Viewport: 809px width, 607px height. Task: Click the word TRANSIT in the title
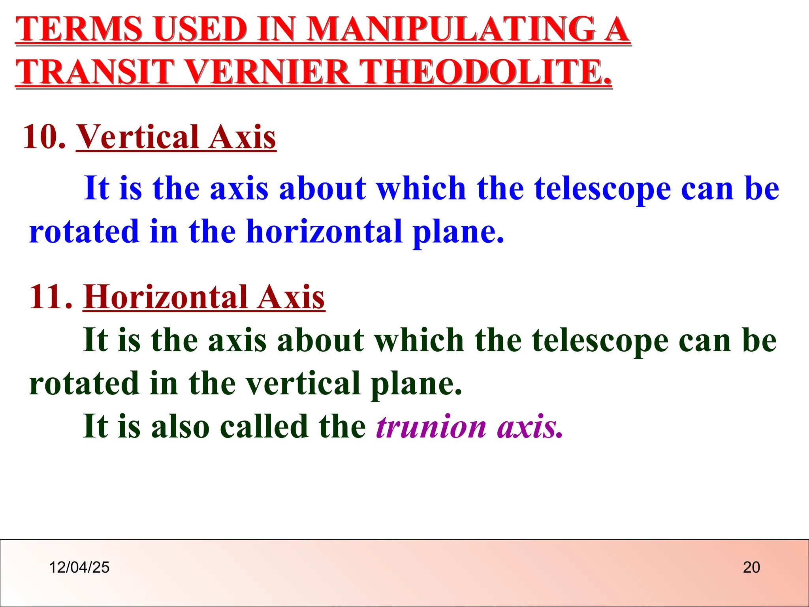coord(95,72)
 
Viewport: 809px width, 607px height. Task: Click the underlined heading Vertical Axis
coord(176,137)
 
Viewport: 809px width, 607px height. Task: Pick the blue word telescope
coord(602,188)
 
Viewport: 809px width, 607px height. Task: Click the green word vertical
coord(303,383)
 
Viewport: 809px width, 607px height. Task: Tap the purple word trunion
coord(431,426)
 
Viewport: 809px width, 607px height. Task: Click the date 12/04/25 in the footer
coord(79,567)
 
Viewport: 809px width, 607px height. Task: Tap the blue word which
coord(421,188)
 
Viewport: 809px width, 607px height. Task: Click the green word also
coord(180,426)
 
